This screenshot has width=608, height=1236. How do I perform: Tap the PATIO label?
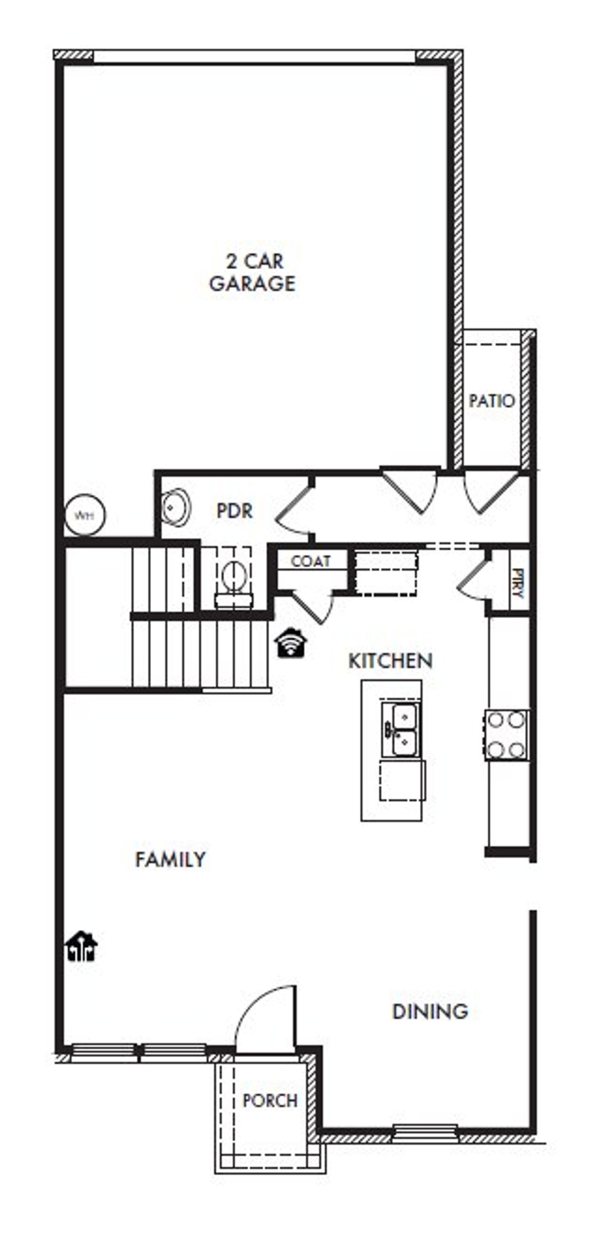tap(492, 401)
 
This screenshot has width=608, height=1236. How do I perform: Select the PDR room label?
tap(234, 510)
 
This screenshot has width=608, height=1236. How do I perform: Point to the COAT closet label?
tap(311, 561)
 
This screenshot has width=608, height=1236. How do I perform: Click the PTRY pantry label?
tap(517, 583)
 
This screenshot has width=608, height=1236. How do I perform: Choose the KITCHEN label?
tap(390, 660)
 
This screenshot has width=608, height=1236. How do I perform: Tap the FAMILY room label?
tap(171, 859)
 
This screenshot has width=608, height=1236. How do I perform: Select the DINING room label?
tap(430, 1011)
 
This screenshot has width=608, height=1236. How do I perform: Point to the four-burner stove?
tap(506, 735)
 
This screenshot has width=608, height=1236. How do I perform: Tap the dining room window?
tap(425, 1132)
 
